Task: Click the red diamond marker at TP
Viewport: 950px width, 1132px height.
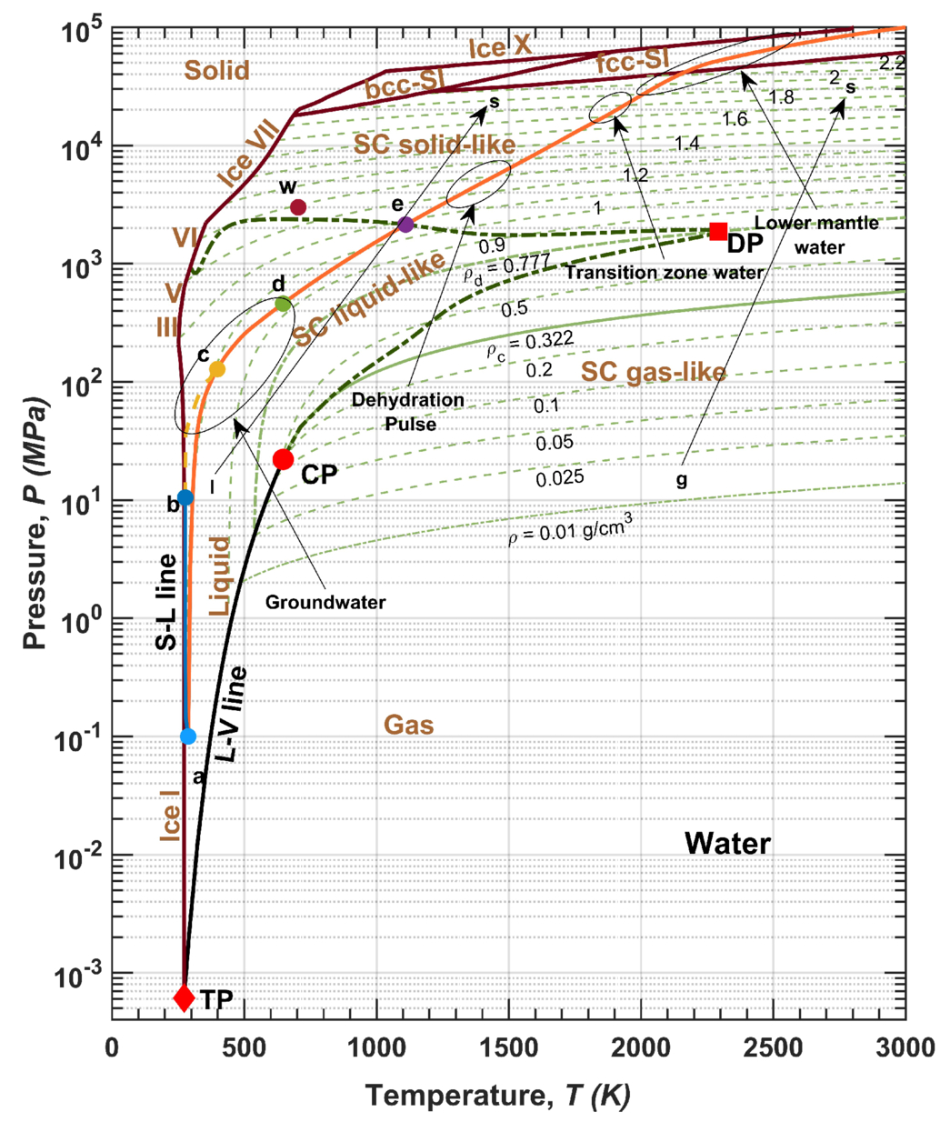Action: [184, 997]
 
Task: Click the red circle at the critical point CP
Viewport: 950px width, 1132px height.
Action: [283, 459]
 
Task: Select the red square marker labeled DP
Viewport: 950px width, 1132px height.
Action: [718, 231]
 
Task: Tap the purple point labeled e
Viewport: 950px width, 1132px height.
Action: [405, 225]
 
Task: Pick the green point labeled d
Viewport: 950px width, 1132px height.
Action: [283, 305]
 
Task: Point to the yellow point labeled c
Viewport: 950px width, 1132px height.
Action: [217, 369]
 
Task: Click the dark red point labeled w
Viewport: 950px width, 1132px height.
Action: [298, 207]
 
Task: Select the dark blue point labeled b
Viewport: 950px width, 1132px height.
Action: [185, 497]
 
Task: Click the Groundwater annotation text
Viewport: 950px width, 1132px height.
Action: [325, 602]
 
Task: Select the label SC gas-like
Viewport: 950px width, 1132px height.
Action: [654, 372]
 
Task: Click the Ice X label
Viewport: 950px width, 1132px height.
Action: [500, 47]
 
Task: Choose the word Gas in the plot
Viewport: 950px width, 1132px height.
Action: [409, 725]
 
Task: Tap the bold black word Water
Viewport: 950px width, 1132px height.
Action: [727, 843]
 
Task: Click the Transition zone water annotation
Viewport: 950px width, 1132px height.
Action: [665, 272]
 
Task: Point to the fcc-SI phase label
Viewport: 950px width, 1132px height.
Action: [632, 60]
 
